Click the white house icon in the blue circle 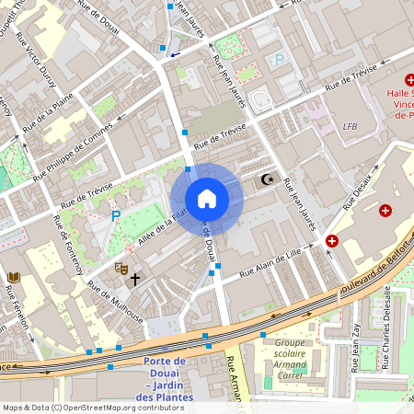pos(207,199)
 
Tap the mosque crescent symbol pos(268,179)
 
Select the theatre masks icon pos(120,268)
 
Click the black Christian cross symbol pos(135,278)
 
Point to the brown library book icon pos(13,277)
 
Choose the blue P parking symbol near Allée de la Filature pos(116,217)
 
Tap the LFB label pos(350,126)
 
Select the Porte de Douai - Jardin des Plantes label pos(168,378)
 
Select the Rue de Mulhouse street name pos(115,301)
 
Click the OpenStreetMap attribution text pos(92,408)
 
